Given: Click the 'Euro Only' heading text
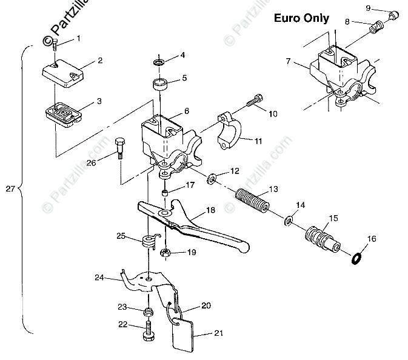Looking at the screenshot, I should tap(301, 18).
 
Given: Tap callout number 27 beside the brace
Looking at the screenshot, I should tap(8, 188).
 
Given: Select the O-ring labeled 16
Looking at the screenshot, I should tap(358, 259).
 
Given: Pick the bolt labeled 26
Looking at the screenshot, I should tap(119, 147).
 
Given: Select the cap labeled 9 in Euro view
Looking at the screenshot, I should tap(391, 15).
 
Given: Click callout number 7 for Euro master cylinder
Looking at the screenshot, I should tap(289, 61).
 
